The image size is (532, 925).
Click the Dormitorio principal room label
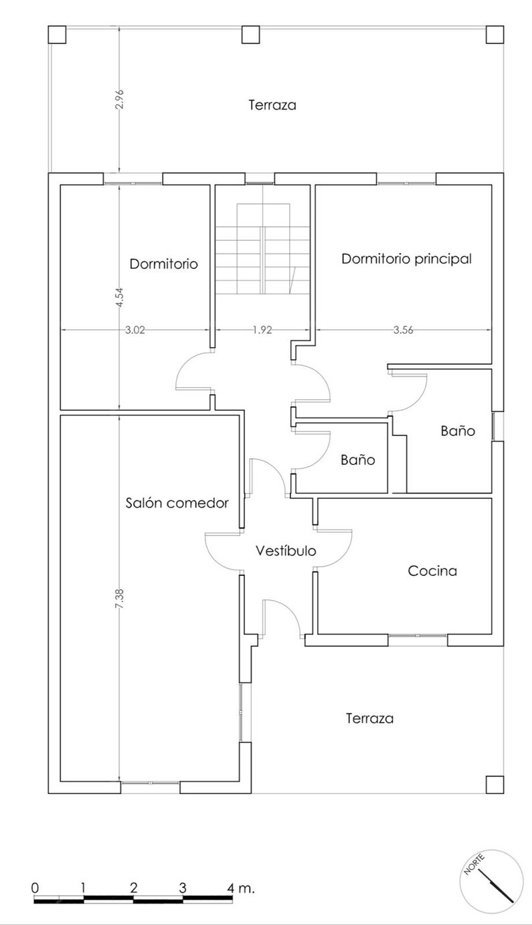coord(406,259)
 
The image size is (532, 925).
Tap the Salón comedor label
coord(177,503)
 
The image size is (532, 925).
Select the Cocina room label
coord(432,571)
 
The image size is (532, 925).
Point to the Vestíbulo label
coord(286,552)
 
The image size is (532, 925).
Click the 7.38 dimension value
coord(119,597)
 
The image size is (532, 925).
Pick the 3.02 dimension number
coord(136,329)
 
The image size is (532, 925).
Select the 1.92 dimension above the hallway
coord(262,329)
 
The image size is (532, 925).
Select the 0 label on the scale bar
coord(35,888)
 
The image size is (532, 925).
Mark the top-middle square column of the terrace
coord(250,34)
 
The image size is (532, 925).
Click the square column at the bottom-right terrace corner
coord(495,784)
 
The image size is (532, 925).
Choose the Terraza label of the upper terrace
coord(272,105)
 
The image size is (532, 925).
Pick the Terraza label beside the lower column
coord(369,719)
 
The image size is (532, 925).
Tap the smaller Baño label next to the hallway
coord(357,460)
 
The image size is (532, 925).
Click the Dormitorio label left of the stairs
coord(164,264)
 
